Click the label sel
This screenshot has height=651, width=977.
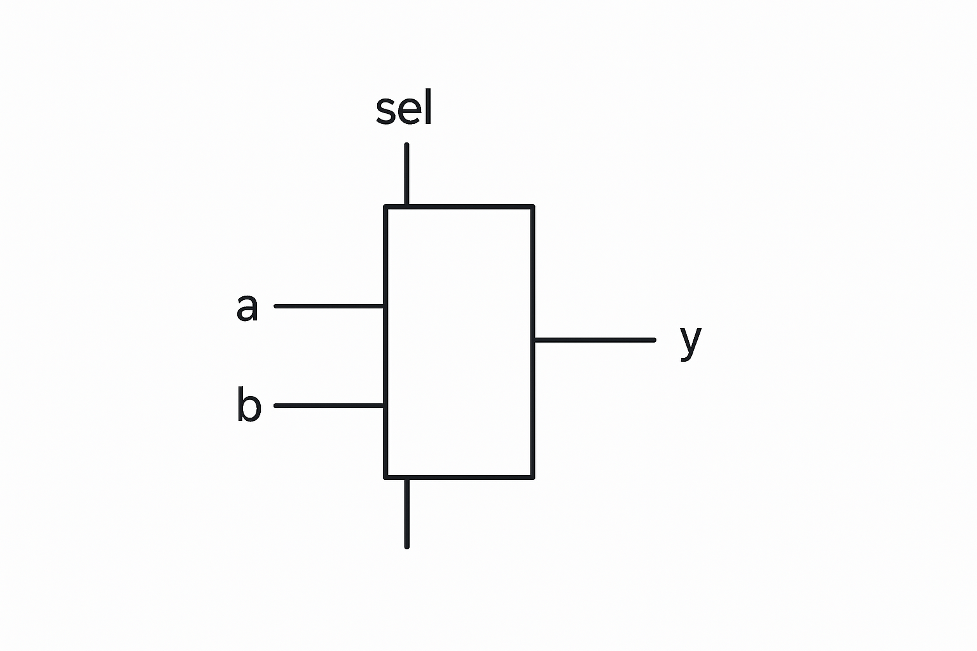(x=405, y=109)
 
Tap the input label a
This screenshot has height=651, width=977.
(x=247, y=307)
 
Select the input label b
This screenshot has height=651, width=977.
(x=249, y=404)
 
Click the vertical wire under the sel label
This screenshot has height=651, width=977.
(x=406, y=174)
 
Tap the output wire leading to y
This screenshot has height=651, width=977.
(x=595, y=340)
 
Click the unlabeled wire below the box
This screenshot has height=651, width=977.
(x=407, y=512)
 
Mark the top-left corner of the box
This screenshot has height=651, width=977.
(x=385, y=207)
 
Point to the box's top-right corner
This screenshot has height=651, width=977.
(x=533, y=207)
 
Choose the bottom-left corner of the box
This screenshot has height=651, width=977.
(x=385, y=477)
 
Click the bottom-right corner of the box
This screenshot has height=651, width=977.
(x=533, y=477)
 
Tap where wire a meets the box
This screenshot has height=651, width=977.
(x=385, y=306)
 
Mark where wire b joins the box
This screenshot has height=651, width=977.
(x=385, y=405)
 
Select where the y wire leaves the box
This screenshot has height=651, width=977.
(x=534, y=340)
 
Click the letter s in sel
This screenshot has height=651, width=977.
(x=385, y=111)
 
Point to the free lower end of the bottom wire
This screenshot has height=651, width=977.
(x=407, y=546)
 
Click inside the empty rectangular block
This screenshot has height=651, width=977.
(x=459, y=341)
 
